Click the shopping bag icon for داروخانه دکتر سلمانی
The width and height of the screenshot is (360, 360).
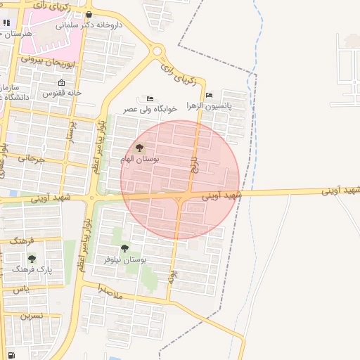88,15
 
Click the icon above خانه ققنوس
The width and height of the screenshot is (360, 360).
62,82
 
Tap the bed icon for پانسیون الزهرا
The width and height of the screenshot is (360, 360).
209,96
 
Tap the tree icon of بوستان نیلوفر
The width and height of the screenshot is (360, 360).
124,248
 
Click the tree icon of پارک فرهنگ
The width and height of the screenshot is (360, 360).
32,258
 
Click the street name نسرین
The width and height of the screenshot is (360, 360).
31,316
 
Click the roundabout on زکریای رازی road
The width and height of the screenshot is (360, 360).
157,51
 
